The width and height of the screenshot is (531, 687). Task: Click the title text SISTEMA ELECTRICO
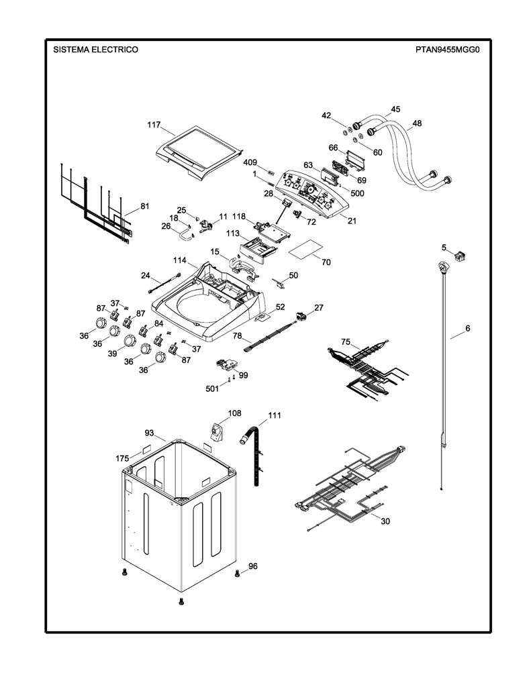coord(95,50)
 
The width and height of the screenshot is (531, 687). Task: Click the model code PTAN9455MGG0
coord(448,50)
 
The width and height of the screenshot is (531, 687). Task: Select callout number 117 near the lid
coord(154,125)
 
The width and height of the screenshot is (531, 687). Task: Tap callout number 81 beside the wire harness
coord(145,206)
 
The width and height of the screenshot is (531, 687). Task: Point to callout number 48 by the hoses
coord(417,123)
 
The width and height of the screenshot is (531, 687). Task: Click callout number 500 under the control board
coord(357,193)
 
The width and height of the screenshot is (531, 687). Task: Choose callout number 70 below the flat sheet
coord(326,262)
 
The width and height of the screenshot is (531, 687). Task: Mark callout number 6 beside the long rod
coord(468,328)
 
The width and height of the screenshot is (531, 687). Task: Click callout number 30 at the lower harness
coord(385,521)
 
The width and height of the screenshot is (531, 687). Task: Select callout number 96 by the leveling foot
coord(253,566)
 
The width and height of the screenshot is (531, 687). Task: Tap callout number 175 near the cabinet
coord(122,459)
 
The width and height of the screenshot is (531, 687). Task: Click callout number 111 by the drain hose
coord(275,415)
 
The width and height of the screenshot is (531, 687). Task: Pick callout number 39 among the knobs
coord(113,353)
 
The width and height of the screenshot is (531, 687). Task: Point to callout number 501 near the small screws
coord(212,388)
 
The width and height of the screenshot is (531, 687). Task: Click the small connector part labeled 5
coord(460,255)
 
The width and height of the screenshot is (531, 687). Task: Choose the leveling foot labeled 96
coord(238,573)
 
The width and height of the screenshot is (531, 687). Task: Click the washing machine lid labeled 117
coord(199,153)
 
